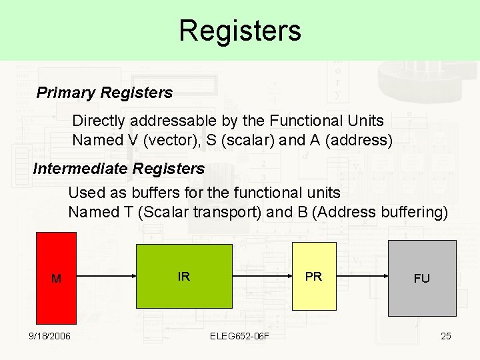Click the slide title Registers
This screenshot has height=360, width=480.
(240, 31)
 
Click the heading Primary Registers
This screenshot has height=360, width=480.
(104, 93)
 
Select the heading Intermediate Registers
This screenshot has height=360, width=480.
(119, 169)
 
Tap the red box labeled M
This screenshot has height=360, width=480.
(56, 278)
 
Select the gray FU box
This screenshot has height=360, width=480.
(421, 278)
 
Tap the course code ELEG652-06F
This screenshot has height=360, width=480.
(240, 335)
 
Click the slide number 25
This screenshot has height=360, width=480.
(446, 335)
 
